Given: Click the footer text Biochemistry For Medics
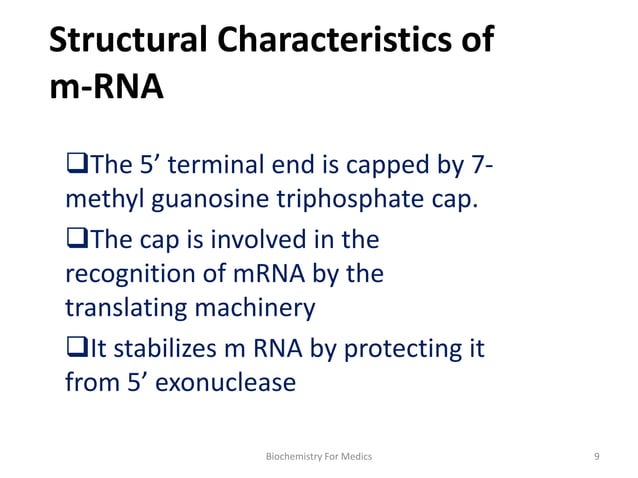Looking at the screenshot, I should point(318,456).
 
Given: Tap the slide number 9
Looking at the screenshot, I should point(596,456).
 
